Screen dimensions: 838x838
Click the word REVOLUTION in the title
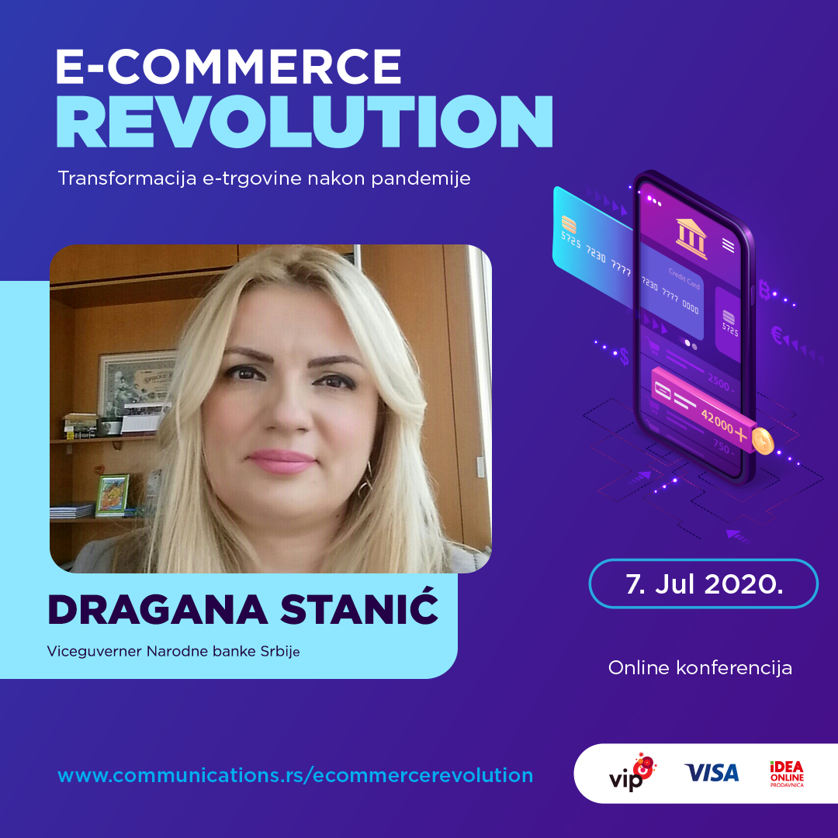[x=304, y=122]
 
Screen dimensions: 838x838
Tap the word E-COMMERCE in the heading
[x=229, y=66]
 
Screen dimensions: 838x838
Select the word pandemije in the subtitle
[x=421, y=178]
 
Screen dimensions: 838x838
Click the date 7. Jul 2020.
[x=704, y=584]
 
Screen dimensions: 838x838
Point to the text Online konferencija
[x=700, y=668]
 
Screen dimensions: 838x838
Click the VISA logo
[x=712, y=773]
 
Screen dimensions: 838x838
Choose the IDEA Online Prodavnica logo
[x=787, y=774]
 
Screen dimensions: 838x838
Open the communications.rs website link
[x=296, y=775]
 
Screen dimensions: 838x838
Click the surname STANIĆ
[x=359, y=609]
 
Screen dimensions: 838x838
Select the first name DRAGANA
[x=158, y=610]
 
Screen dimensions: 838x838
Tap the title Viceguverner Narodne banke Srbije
[x=173, y=652]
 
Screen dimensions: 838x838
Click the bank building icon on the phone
[x=691, y=238]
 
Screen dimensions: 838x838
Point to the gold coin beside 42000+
[x=763, y=441]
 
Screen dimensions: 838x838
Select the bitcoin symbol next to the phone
[x=764, y=290]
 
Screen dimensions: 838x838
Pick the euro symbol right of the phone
[x=777, y=336]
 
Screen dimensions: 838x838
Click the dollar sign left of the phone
[x=624, y=356]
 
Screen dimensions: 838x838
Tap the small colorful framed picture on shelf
[x=113, y=495]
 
